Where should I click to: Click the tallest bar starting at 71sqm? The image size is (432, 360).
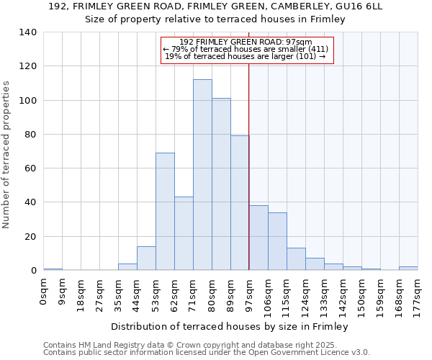pyautogui.click(x=202, y=175)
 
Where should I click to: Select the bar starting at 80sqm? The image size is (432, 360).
pyautogui.click(x=221, y=184)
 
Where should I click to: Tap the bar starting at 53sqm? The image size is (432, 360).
pyautogui.click(x=165, y=212)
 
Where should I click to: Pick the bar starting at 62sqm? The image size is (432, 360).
pyautogui.click(x=184, y=233)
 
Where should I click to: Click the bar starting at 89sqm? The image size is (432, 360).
pyautogui.click(x=240, y=203)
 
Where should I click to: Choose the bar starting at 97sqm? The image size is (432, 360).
pyautogui.click(x=258, y=238)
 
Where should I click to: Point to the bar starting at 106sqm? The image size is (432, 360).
pyautogui.click(x=277, y=241)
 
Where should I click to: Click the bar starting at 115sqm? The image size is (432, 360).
pyautogui.click(x=296, y=259)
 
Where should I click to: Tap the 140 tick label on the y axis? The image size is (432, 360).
pyautogui.click(x=28, y=32)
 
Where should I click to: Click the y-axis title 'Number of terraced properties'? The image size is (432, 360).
pyautogui.click(x=7, y=155)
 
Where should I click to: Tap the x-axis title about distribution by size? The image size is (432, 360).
pyautogui.click(x=230, y=327)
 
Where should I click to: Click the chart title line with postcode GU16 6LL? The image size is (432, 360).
pyautogui.click(x=216, y=6)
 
